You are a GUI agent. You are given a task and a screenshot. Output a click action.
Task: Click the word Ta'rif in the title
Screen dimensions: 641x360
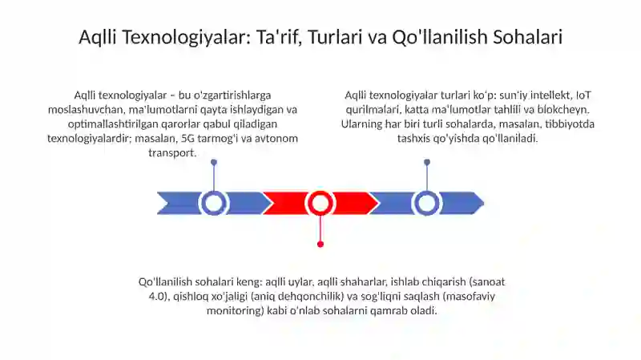click(x=279, y=37)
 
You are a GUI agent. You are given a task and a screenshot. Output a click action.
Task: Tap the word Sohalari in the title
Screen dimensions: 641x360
click(x=528, y=37)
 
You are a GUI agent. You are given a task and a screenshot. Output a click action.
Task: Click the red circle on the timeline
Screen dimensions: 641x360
click(x=320, y=203)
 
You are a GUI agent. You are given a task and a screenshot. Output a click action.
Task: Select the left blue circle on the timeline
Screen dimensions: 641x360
click(x=213, y=203)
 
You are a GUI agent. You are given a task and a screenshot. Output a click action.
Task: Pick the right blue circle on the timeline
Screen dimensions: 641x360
click(x=427, y=203)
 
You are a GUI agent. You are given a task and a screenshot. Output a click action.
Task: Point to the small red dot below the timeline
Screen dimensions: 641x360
click(x=320, y=245)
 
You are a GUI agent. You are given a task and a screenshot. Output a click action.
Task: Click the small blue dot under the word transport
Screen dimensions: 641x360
click(x=214, y=163)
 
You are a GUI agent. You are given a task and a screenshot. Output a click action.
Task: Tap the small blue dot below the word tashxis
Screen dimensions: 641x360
click(x=427, y=163)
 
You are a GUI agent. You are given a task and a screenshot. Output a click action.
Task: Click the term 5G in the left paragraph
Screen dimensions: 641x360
click(x=188, y=138)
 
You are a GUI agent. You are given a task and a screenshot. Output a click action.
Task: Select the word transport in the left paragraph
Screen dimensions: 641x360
click(x=172, y=153)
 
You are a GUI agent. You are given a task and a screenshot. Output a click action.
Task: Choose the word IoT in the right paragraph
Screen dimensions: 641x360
click(x=583, y=95)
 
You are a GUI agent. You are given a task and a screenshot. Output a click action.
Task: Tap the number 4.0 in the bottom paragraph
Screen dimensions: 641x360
click(x=158, y=296)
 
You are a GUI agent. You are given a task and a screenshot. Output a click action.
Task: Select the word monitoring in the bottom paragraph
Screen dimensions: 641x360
click(x=236, y=311)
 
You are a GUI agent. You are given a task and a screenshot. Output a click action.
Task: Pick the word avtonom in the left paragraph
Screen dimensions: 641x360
click(x=279, y=138)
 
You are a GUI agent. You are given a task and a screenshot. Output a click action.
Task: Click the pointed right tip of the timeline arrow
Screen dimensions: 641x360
click(x=484, y=203)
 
